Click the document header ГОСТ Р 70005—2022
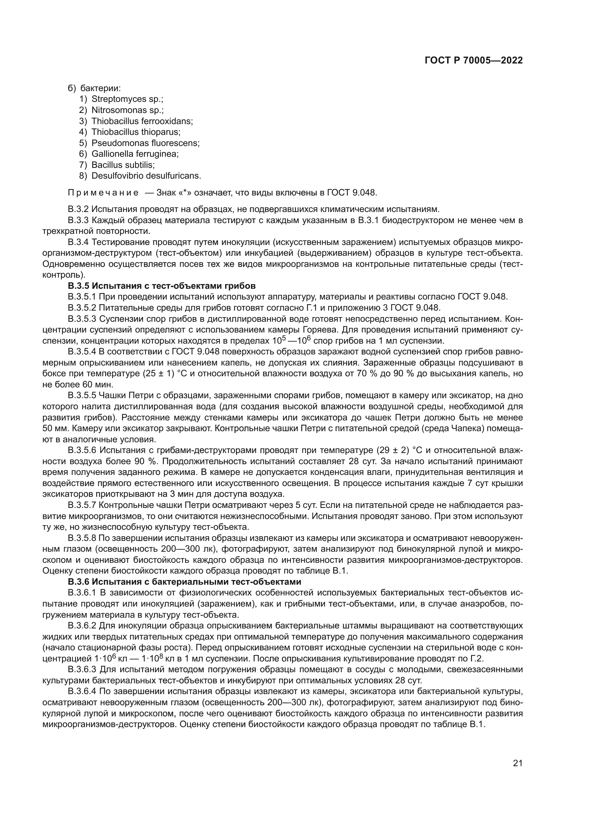pyautogui.click(x=474, y=61)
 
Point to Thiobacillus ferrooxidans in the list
pyautogui.click(x=142, y=121)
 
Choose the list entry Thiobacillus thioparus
pyautogui.click(x=136, y=132)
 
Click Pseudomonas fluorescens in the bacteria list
pyautogui.click(x=145, y=143)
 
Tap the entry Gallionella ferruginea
pyautogui.click(x=135, y=154)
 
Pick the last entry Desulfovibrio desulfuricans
pyautogui.click(x=146, y=176)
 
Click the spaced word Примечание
pyautogui.click(x=103, y=193)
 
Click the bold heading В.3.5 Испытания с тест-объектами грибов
pyautogui.click(x=162, y=286)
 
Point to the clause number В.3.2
pyautogui.click(x=78, y=209)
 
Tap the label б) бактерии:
pyautogui.click(x=94, y=89)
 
